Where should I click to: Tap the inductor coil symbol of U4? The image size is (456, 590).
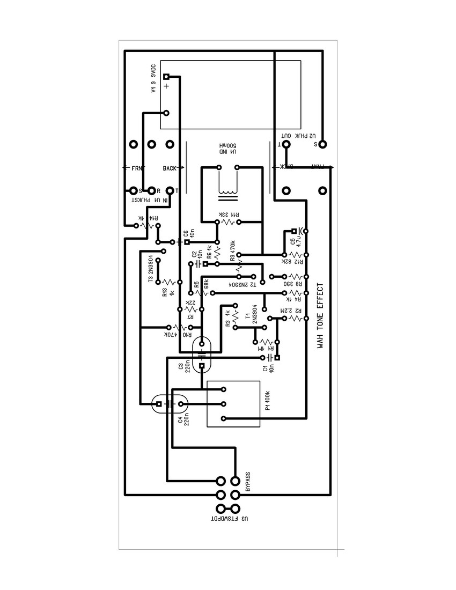pos(227,190)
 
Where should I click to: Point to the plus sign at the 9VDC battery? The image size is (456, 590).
pos(166,86)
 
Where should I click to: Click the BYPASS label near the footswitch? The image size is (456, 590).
pos(248,482)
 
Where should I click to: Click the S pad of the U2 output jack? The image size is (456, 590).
pos(322,144)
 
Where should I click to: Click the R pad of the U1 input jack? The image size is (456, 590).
pos(152,190)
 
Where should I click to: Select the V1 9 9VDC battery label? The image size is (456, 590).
pos(153,78)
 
